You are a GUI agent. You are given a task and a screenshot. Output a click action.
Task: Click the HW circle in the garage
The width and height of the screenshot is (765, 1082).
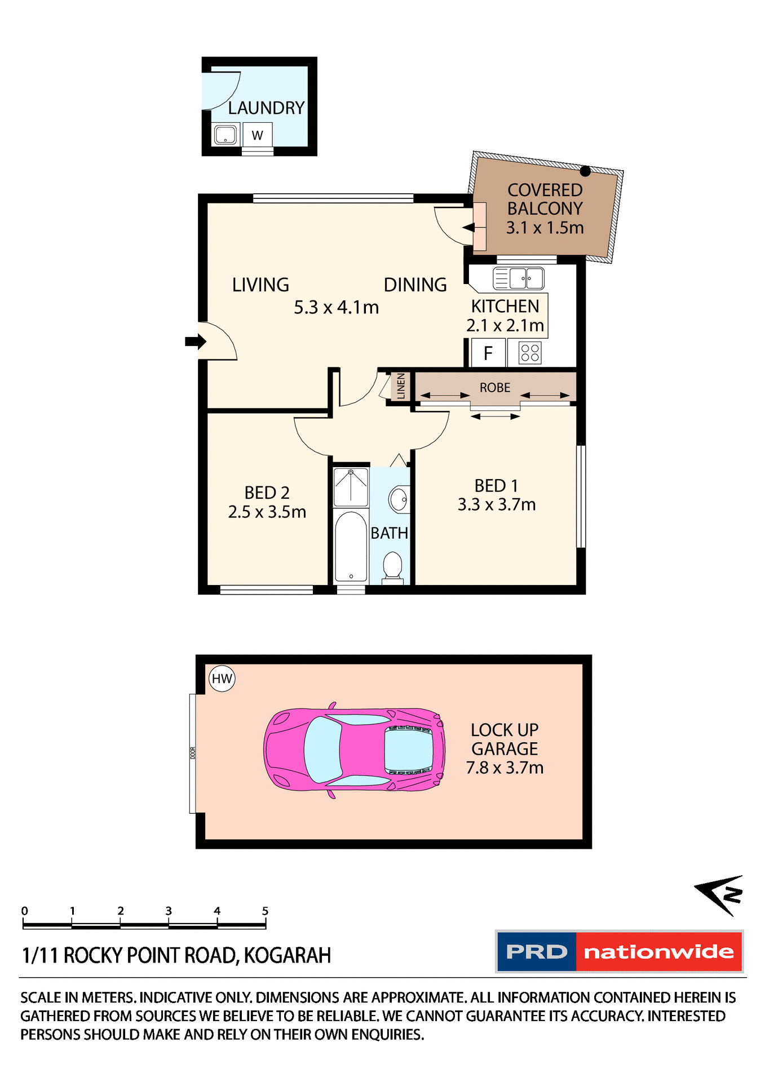point(222,679)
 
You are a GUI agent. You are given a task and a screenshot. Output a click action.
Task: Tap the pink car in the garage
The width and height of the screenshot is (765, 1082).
point(354,750)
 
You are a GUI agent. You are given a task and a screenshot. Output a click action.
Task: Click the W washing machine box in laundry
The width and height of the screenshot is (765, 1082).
point(258,135)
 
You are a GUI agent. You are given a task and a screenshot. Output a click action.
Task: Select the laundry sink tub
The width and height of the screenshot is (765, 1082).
point(225,135)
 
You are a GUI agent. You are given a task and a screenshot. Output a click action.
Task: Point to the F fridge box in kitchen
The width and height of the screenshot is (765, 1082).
point(488,353)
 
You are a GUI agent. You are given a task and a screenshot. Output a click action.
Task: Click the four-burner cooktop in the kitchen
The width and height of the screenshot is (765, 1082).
point(530,353)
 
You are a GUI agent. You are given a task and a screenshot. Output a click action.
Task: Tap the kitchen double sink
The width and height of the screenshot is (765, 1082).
point(519,278)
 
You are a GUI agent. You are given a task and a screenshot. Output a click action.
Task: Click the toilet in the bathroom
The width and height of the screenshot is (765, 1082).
point(392,565)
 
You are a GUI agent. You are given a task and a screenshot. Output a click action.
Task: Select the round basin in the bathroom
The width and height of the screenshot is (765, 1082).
point(399,499)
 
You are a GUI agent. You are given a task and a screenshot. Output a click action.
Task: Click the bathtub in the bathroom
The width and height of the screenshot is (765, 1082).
point(351,546)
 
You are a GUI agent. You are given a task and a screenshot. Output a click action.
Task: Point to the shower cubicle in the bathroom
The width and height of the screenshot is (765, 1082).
point(351,487)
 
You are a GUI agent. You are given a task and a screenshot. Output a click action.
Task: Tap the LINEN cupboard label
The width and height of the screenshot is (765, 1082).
point(401,387)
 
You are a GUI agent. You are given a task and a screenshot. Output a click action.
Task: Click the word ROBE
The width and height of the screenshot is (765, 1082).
point(495,388)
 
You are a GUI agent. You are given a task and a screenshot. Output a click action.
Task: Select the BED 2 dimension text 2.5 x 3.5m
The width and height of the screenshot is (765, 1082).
point(267,512)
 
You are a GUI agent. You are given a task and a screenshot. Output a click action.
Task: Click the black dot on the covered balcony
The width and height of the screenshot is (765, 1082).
point(585,171)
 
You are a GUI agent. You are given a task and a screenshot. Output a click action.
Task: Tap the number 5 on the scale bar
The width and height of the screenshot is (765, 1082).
point(265,911)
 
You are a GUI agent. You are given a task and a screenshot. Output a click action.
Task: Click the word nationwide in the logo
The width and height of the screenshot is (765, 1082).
point(658,952)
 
